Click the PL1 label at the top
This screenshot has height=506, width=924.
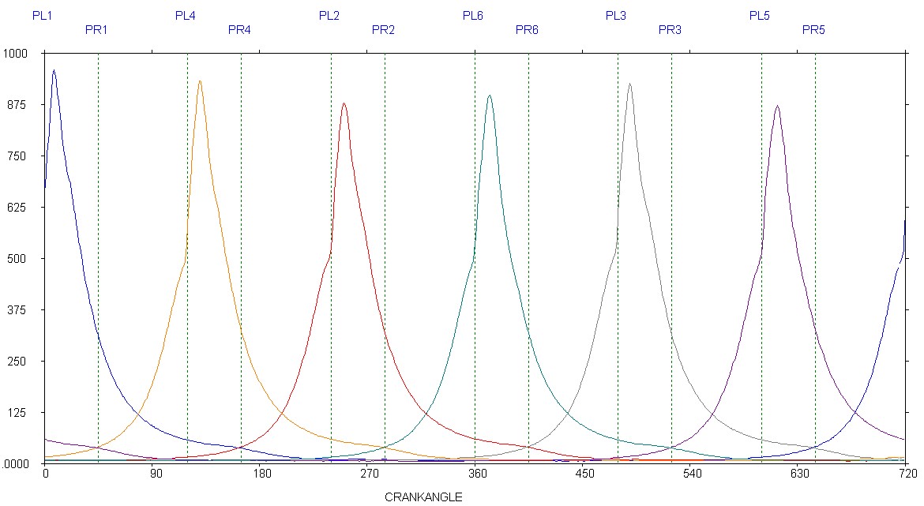click(42, 15)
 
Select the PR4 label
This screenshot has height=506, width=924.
click(239, 30)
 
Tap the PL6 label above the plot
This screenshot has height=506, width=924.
click(473, 15)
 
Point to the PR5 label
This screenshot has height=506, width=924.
click(813, 30)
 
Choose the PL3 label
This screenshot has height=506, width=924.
click(616, 15)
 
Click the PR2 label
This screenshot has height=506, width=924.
click(383, 30)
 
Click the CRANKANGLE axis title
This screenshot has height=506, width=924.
click(423, 497)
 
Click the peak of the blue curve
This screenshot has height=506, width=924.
click(54, 70)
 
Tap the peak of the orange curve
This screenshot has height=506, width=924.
click(200, 81)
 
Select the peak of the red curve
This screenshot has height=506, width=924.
click(344, 103)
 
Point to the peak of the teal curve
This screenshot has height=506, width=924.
click(490, 96)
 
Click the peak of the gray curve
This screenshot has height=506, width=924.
click(629, 84)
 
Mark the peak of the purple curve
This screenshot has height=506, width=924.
click(777, 106)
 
